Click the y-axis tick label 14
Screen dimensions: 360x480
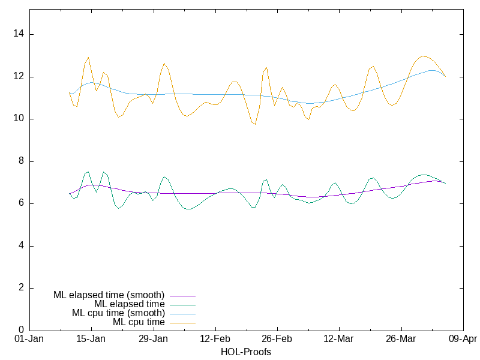18,34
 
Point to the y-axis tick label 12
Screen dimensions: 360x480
18,77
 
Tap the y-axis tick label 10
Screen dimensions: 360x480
18,119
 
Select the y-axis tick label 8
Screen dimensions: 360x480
20,161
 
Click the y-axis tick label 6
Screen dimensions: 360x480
20,203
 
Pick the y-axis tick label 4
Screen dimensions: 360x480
20,246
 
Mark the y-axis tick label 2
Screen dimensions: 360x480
20,288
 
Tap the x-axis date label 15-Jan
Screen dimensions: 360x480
91,339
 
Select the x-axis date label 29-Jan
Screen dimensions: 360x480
153,339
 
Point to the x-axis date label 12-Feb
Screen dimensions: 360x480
215,339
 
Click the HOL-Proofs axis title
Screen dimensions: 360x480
246,352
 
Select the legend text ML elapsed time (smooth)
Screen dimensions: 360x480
109,295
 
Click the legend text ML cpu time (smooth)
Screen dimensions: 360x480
118,313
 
